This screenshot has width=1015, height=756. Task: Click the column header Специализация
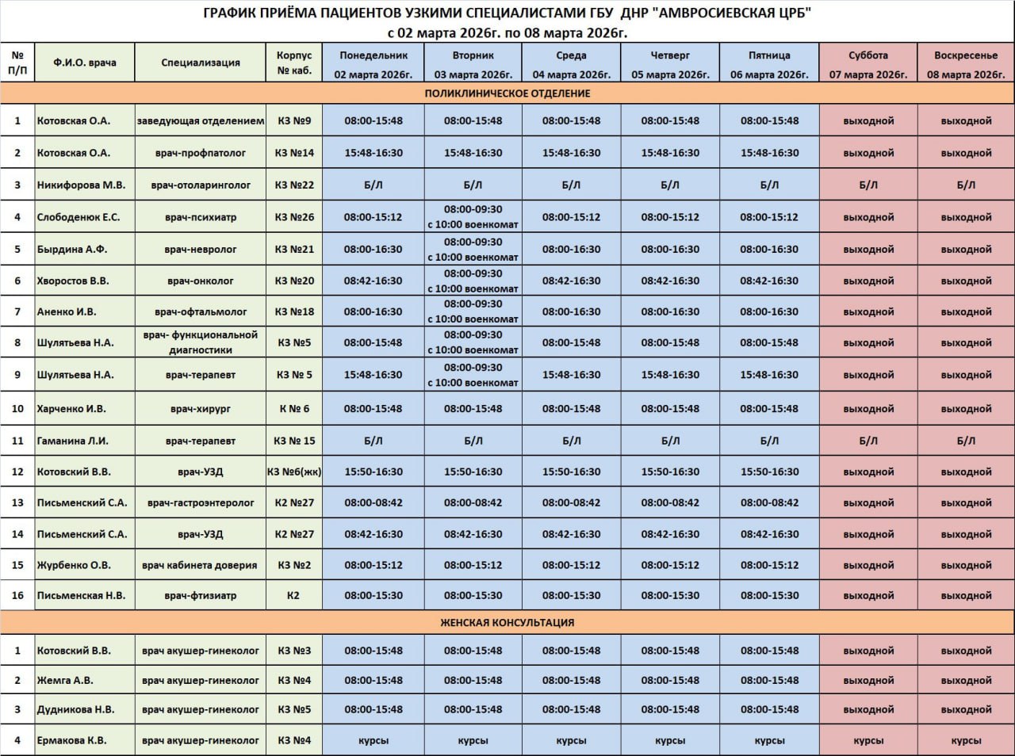point(201,63)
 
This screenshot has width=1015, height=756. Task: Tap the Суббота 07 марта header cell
point(868,63)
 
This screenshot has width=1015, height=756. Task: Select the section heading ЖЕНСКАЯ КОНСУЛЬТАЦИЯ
point(507,623)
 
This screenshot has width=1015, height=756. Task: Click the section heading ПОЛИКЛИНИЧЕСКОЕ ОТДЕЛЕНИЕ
point(507,94)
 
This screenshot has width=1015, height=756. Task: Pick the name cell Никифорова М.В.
point(82,185)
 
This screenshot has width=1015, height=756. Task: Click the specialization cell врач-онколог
point(201,281)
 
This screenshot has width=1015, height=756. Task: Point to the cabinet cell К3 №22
point(294,185)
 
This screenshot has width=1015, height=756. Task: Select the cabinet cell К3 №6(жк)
point(294,472)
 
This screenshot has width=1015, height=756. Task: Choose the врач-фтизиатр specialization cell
point(201,595)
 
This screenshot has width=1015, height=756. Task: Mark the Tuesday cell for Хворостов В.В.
point(473,281)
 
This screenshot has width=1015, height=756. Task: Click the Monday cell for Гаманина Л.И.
point(373,441)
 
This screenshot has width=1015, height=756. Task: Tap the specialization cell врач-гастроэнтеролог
point(201,502)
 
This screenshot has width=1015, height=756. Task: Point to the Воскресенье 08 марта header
point(966,63)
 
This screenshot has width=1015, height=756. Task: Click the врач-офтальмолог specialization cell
point(201,311)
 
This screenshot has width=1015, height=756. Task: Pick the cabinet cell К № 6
point(294,409)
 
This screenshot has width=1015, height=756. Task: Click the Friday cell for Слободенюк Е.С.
point(769,217)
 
